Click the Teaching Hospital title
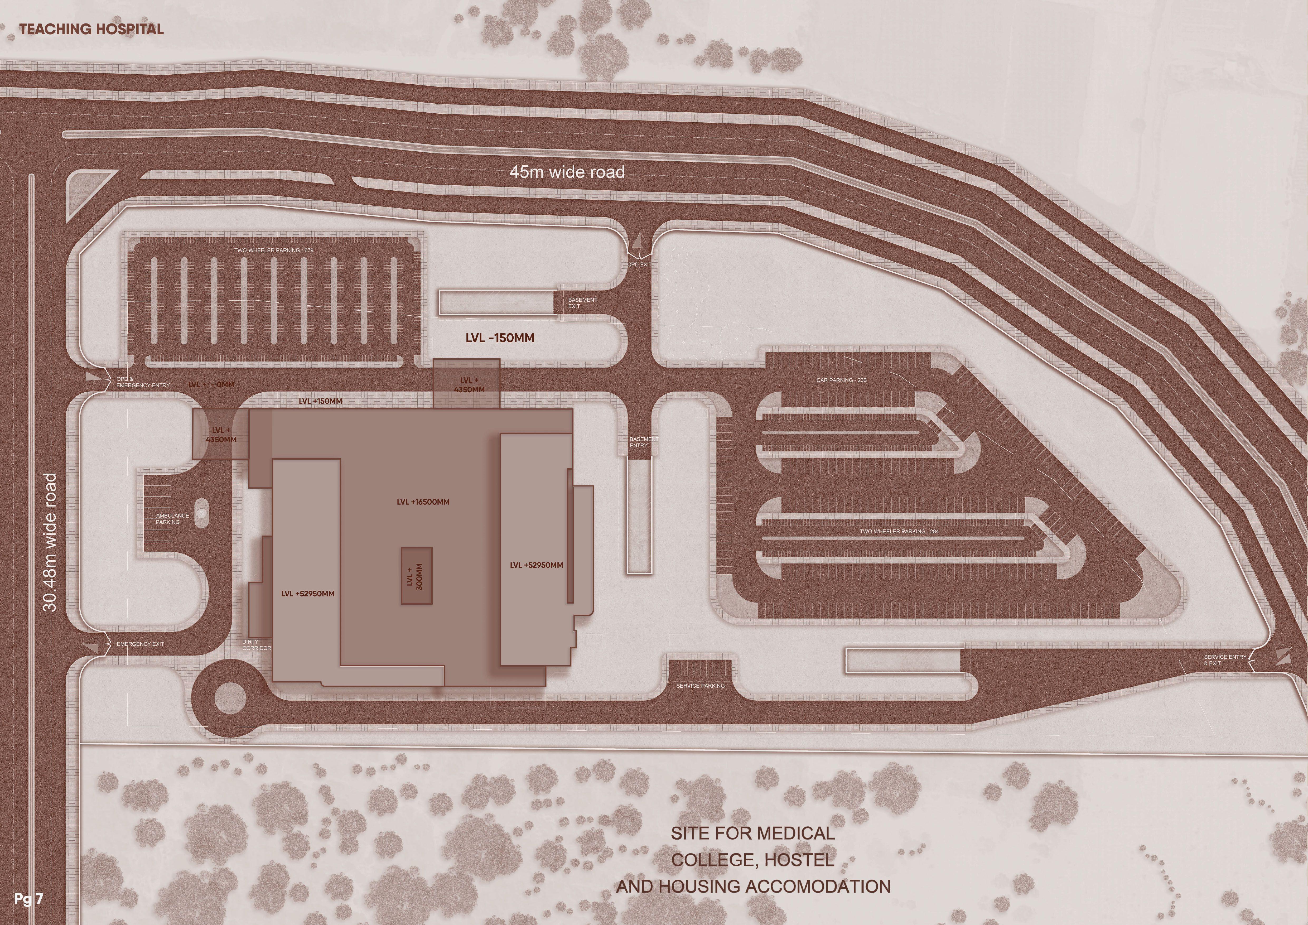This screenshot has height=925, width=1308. pos(91,29)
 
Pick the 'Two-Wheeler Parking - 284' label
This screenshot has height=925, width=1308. pos(899,531)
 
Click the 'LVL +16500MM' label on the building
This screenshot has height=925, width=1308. pos(423,502)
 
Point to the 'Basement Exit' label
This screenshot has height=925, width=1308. pos(582,303)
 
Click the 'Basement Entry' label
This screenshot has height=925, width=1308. pos(643,442)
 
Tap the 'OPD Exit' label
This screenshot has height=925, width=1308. pos(639,264)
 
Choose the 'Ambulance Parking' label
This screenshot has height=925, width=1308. pos(172,518)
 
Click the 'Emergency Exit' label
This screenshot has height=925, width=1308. pos(140,644)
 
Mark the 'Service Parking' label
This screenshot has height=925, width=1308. pos(700,686)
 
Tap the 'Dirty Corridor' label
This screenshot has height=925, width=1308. pos(256,645)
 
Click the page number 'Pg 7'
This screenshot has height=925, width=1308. pos(28,899)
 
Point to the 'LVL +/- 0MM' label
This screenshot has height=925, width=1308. pos(211,384)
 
